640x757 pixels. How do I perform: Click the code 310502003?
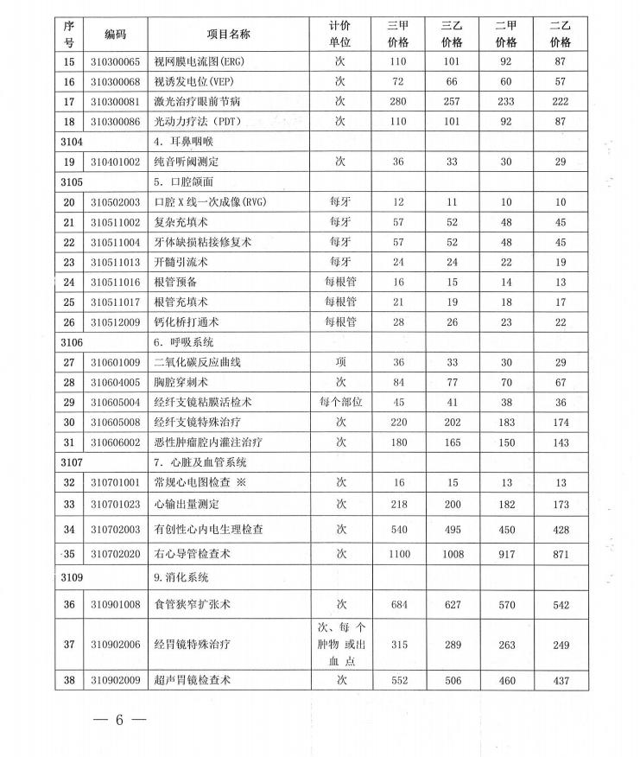click(x=115, y=202)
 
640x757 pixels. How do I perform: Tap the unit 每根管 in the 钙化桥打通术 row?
click(x=340, y=322)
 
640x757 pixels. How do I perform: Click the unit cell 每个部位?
click(x=340, y=402)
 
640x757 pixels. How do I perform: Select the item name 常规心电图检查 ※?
click(x=200, y=482)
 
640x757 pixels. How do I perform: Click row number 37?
click(x=69, y=644)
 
